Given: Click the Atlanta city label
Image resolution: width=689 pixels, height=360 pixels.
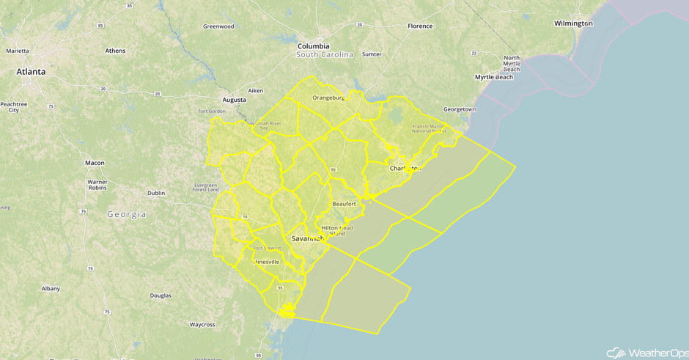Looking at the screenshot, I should click(x=31, y=72).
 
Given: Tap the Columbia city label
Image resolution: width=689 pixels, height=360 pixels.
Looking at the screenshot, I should click(x=313, y=46).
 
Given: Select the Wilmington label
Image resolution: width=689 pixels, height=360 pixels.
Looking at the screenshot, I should click(x=573, y=23).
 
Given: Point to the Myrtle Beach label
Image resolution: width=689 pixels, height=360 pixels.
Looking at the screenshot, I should click(x=493, y=77).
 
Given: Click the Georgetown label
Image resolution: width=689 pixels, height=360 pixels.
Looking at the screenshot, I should click(x=460, y=109).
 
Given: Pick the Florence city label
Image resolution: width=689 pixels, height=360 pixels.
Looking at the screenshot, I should click(x=420, y=26).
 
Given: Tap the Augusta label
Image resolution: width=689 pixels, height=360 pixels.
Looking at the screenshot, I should click(x=234, y=100).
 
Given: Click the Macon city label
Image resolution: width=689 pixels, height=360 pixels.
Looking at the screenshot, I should click(x=95, y=163).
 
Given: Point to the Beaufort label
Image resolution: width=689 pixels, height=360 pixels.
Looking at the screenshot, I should click(x=344, y=204).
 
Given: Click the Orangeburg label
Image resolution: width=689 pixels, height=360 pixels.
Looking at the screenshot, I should click(x=328, y=98).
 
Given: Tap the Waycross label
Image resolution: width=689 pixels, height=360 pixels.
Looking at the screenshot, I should click(x=202, y=324).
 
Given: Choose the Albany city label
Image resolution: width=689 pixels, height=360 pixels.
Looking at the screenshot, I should click(x=51, y=289).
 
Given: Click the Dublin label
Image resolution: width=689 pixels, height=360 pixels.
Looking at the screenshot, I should click(x=156, y=193).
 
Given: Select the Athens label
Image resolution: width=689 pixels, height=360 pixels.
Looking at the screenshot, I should click(x=115, y=51).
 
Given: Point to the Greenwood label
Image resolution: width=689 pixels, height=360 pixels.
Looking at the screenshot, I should click(x=218, y=26).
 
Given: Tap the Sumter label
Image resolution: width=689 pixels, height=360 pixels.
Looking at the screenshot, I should click(x=372, y=54).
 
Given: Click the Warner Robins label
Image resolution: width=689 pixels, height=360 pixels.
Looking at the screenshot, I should click(x=97, y=184).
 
